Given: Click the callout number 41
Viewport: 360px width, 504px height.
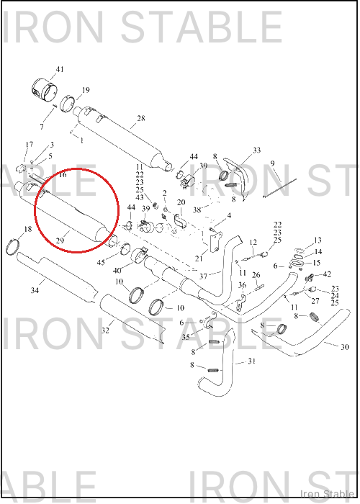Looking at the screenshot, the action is [x=60, y=69].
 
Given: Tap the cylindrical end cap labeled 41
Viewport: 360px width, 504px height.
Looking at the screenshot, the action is [x=45, y=90].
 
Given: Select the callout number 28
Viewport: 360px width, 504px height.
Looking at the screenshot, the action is [x=141, y=118].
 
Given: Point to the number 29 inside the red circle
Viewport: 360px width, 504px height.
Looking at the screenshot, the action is [x=60, y=240].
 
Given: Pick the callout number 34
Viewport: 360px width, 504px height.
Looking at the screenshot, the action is [x=35, y=290].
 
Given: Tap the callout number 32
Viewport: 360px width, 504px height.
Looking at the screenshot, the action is [x=105, y=330].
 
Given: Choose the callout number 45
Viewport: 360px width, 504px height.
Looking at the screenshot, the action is [x=101, y=262].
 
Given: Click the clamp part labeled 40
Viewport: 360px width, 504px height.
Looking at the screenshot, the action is [x=139, y=255].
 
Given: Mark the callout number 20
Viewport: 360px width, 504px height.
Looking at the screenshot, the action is [x=181, y=202].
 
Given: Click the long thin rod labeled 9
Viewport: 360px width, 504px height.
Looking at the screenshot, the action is [x=279, y=188].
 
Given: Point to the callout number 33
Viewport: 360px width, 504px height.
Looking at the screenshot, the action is [x=256, y=150].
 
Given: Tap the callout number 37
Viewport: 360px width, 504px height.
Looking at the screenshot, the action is [x=203, y=276].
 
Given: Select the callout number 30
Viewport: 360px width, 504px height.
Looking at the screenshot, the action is [x=345, y=347].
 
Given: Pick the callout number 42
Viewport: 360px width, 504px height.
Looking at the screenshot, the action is [x=327, y=274].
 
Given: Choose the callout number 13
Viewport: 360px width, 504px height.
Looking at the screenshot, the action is [x=318, y=240].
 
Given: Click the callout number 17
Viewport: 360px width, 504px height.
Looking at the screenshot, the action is [x=30, y=144].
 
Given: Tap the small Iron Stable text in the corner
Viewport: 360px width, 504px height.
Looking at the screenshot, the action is [x=327, y=494].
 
